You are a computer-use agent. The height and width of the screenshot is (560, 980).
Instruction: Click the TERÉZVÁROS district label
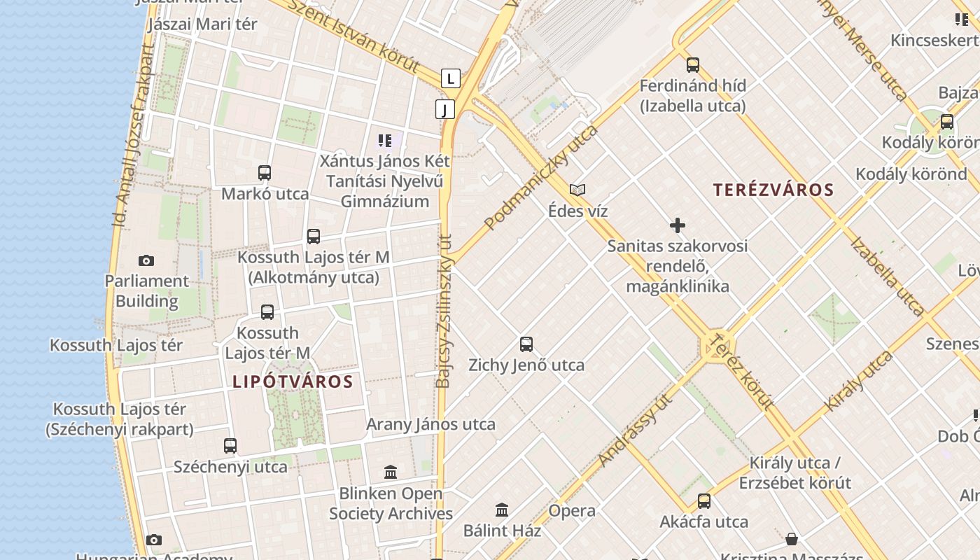click(x=773, y=190)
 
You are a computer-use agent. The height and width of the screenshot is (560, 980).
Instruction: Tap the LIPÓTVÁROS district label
click(x=293, y=381)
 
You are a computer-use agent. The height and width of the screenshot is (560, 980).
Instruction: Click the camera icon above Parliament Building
click(x=146, y=260)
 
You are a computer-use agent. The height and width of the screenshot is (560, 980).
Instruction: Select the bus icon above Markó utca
click(x=265, y=173)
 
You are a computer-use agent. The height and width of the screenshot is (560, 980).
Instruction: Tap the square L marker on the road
click(x=451, y=78)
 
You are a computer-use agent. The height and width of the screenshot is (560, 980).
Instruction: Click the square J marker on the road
click(x=444, y=109)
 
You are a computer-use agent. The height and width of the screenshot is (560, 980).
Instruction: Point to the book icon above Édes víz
click(x=577, y=190)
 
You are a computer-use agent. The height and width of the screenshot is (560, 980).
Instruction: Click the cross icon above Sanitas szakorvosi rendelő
click(x=678, y=225)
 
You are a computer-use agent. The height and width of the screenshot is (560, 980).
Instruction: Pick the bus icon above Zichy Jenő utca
click(x=526, y=344)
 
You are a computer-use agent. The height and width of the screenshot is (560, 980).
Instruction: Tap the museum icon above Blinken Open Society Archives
click(x=391, y=472)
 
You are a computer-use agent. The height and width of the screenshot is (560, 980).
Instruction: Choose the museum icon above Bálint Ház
click(x=502, y=510)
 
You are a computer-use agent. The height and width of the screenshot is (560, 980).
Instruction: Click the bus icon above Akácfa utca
click(x=704, y=501)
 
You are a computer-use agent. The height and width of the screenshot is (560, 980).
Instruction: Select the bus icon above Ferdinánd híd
click(x=693, y=65)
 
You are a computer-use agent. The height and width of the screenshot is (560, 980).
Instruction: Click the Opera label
click(x=572, y=510)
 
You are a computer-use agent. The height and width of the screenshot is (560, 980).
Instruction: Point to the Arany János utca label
click(x=430, y=424)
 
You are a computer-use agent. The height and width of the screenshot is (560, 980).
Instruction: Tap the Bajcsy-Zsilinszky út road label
click(x=444, y=311)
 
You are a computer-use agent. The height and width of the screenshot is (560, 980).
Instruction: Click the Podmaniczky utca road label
click(x=540, y=178)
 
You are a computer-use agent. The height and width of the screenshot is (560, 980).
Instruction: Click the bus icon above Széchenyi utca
click(x=230, y=445)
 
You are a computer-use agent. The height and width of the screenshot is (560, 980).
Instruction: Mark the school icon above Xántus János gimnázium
click(x=385, y=141)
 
